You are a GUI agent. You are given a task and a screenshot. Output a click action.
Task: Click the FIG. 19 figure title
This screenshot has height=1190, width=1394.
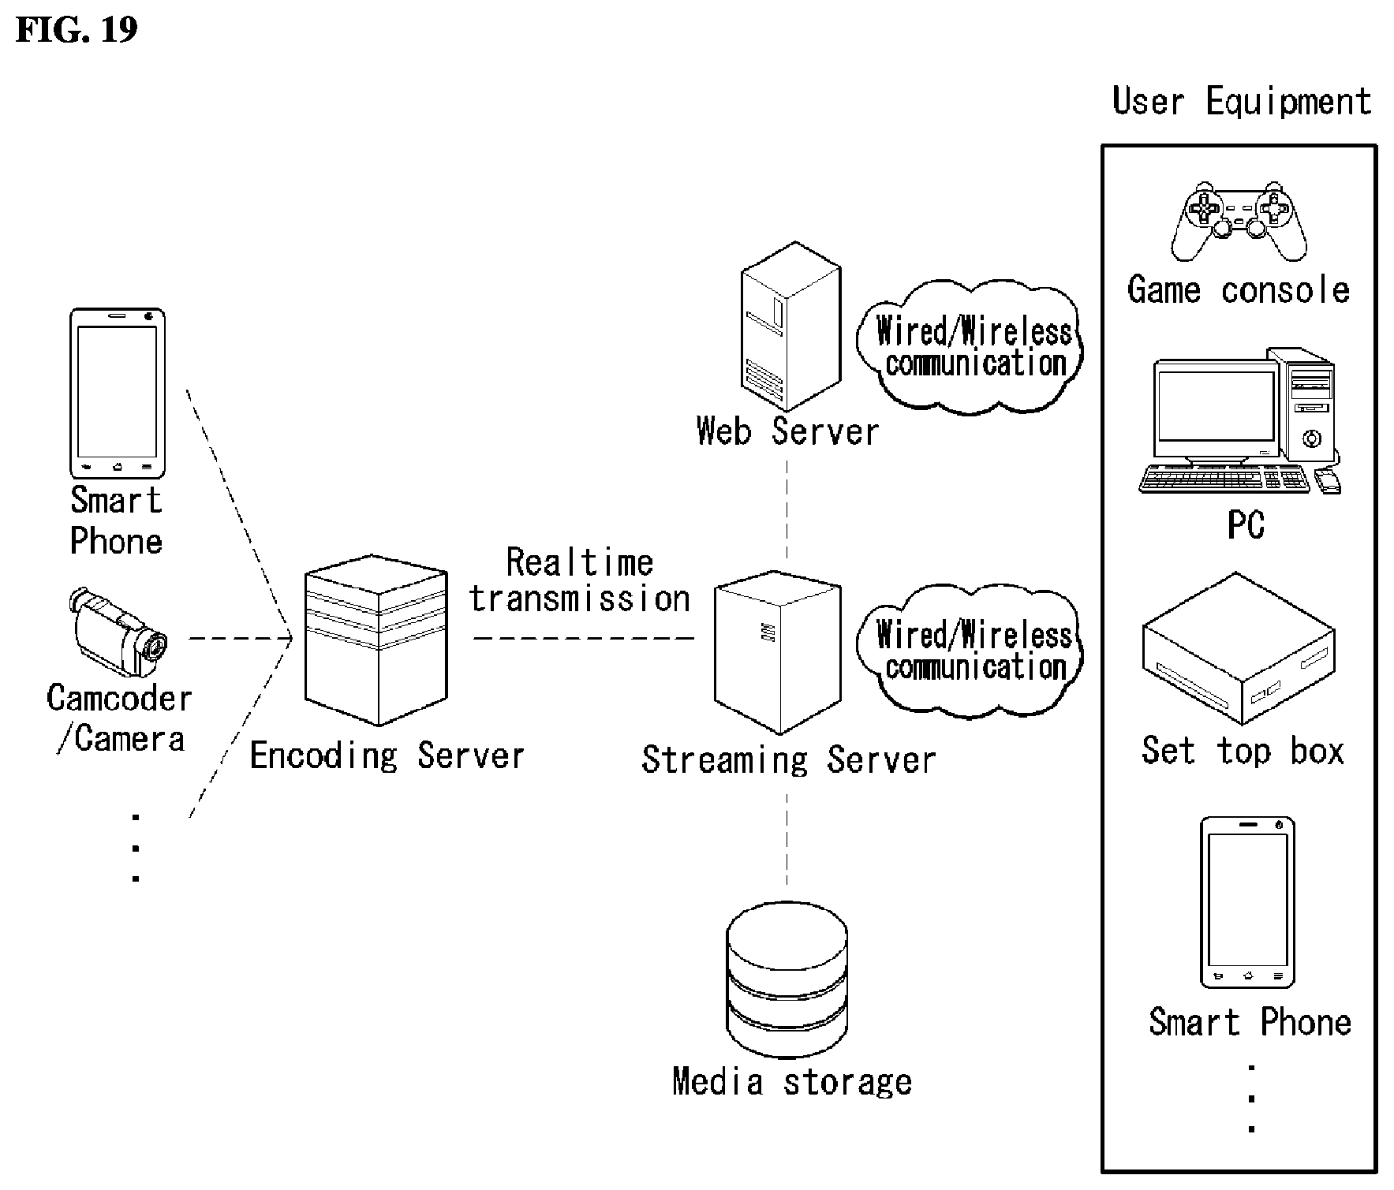77,29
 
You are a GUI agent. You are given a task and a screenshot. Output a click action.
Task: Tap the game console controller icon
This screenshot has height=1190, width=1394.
1239,221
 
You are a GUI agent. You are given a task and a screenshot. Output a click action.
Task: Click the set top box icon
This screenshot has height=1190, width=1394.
1239,647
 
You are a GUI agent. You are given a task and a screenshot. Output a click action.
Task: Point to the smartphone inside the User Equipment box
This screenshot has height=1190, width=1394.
1247,902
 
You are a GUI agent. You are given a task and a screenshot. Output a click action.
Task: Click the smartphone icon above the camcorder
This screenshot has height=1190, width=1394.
118,393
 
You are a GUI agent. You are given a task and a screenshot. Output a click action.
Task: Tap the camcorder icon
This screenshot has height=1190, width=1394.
118,632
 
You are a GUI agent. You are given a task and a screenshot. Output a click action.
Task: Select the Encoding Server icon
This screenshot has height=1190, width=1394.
376,640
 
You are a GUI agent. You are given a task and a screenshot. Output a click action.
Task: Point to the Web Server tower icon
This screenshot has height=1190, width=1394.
790,326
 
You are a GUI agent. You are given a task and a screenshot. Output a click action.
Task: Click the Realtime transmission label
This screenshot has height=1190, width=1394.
580,581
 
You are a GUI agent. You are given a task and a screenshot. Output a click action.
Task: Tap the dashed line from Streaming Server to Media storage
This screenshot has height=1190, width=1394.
787,837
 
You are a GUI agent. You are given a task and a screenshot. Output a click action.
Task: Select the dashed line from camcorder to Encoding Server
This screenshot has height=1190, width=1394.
240,638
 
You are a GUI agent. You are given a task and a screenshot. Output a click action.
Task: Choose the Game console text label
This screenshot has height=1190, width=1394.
1239,290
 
